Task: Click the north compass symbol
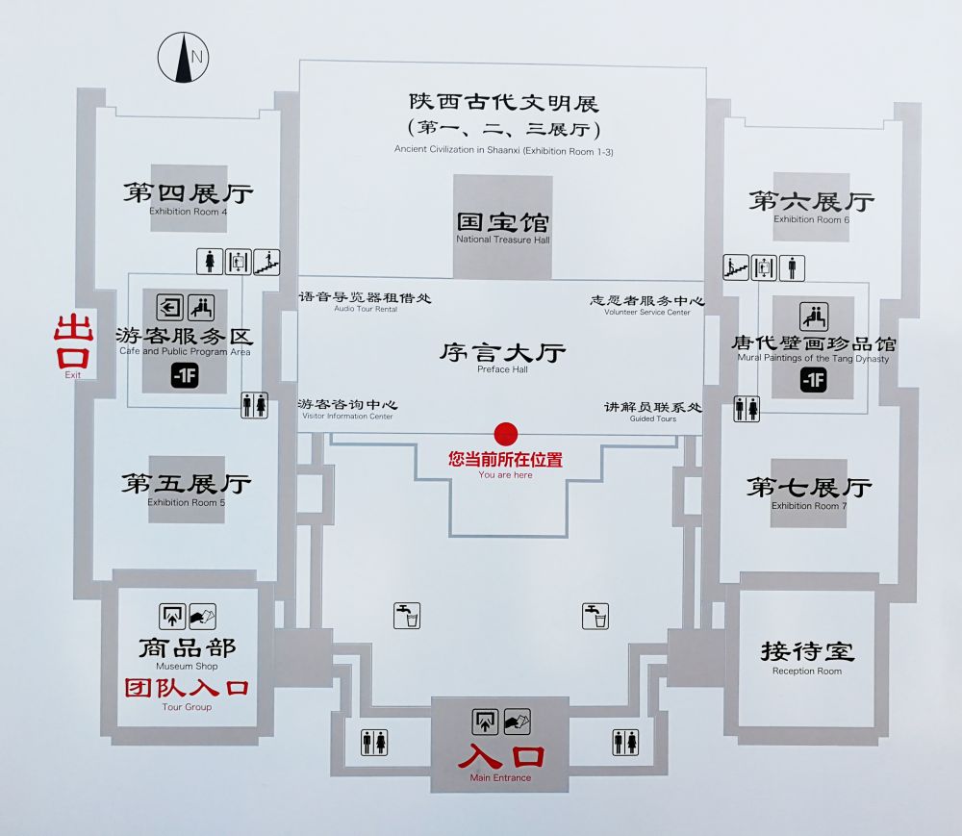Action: (184, 58)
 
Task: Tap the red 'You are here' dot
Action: (506, 435)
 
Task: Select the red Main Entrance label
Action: (500, 759)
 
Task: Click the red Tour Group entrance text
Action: (187, 690)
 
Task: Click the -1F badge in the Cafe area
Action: (185, 376)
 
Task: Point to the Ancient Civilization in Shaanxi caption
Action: (503, 149)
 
